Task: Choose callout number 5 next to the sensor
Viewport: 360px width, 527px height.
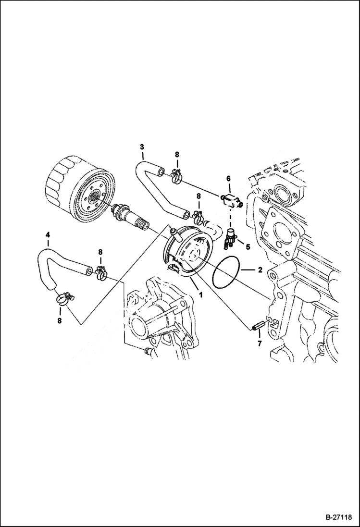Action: [x=229, y=179]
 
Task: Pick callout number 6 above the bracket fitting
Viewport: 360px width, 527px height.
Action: [x=259, y=344]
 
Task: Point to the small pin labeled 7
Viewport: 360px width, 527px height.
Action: [x=255, y=326]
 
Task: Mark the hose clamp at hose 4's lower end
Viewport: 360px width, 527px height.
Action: [x=62, y=299]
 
